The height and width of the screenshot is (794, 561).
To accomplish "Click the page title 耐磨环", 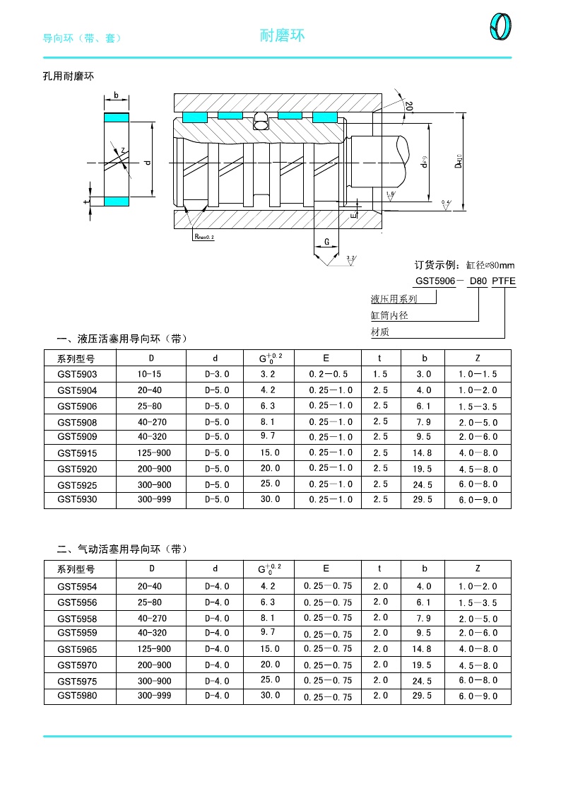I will (x=283, y=35).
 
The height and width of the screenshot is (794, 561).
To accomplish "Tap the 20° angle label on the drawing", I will (x=409, y=106).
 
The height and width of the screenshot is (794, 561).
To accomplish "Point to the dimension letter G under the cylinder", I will (x=326, y=242).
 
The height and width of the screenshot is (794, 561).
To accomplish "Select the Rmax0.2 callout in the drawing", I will (x=203, y=237).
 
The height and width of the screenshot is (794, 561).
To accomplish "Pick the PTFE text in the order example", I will (x=504, y=281).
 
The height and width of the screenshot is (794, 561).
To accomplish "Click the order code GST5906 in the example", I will (x=434, y=281).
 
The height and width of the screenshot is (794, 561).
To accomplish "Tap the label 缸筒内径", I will (x=389, y=315).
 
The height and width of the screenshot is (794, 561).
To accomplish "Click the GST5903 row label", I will (x=77, y=374).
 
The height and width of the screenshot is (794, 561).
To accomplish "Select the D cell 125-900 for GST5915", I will (x=154, y=453).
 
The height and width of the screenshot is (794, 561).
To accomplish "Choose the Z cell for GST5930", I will (x=478, y=500).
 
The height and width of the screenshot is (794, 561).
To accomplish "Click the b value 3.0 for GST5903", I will (x=424, y=374).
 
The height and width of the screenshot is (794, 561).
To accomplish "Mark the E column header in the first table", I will (x=326, y=358).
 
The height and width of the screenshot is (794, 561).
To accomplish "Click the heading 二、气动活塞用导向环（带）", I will (x=122, y=549).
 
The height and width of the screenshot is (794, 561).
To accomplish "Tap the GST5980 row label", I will (x=77, y=696).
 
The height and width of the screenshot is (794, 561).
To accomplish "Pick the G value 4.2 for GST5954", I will (x=268, y=586).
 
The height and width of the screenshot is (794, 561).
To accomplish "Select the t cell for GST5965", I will (x=381, y=649).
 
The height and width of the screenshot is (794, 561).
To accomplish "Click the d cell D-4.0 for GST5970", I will (x=217, y=665).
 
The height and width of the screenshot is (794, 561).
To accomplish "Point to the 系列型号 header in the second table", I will (x=76, y=568).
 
